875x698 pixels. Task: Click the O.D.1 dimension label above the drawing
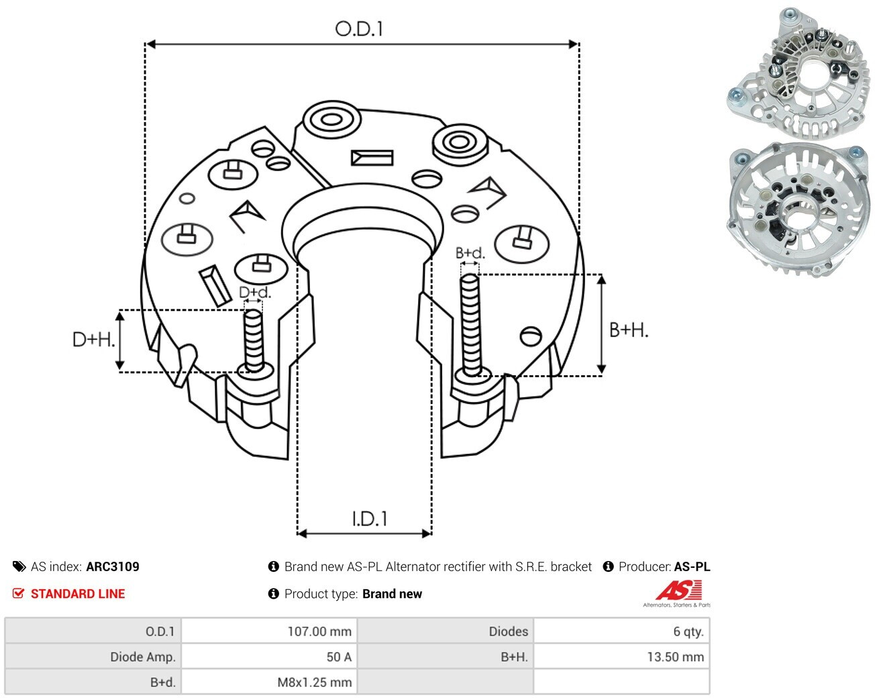tap(359, 29)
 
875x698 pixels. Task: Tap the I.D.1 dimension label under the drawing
tap(370, 519)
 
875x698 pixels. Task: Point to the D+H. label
tap(93, 339)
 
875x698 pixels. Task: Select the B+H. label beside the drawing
tap(629, 330)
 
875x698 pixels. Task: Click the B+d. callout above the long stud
tap(470, 253)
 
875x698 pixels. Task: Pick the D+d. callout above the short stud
tap(254, 292)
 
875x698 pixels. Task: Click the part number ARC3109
tap(113, 566)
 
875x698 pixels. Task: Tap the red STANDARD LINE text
tap(78, 594)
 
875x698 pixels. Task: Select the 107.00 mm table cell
tap(269, 632)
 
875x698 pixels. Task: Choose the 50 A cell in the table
tap(269, 656)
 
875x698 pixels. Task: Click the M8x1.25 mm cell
tap(269, 682)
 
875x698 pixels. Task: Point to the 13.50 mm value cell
tap(621, 656)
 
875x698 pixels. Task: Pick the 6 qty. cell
tap(621, 632)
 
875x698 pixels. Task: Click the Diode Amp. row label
tap(93, 656)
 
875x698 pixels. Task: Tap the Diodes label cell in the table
tap(446, 632)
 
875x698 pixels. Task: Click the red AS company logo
tap(678, 591)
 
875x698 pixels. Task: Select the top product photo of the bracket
tap(796, 73)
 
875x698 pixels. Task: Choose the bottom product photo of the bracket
tap(796, 211)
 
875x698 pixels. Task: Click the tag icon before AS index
tap(19, 566)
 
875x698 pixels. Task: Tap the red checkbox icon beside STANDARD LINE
tap(18, 593)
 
